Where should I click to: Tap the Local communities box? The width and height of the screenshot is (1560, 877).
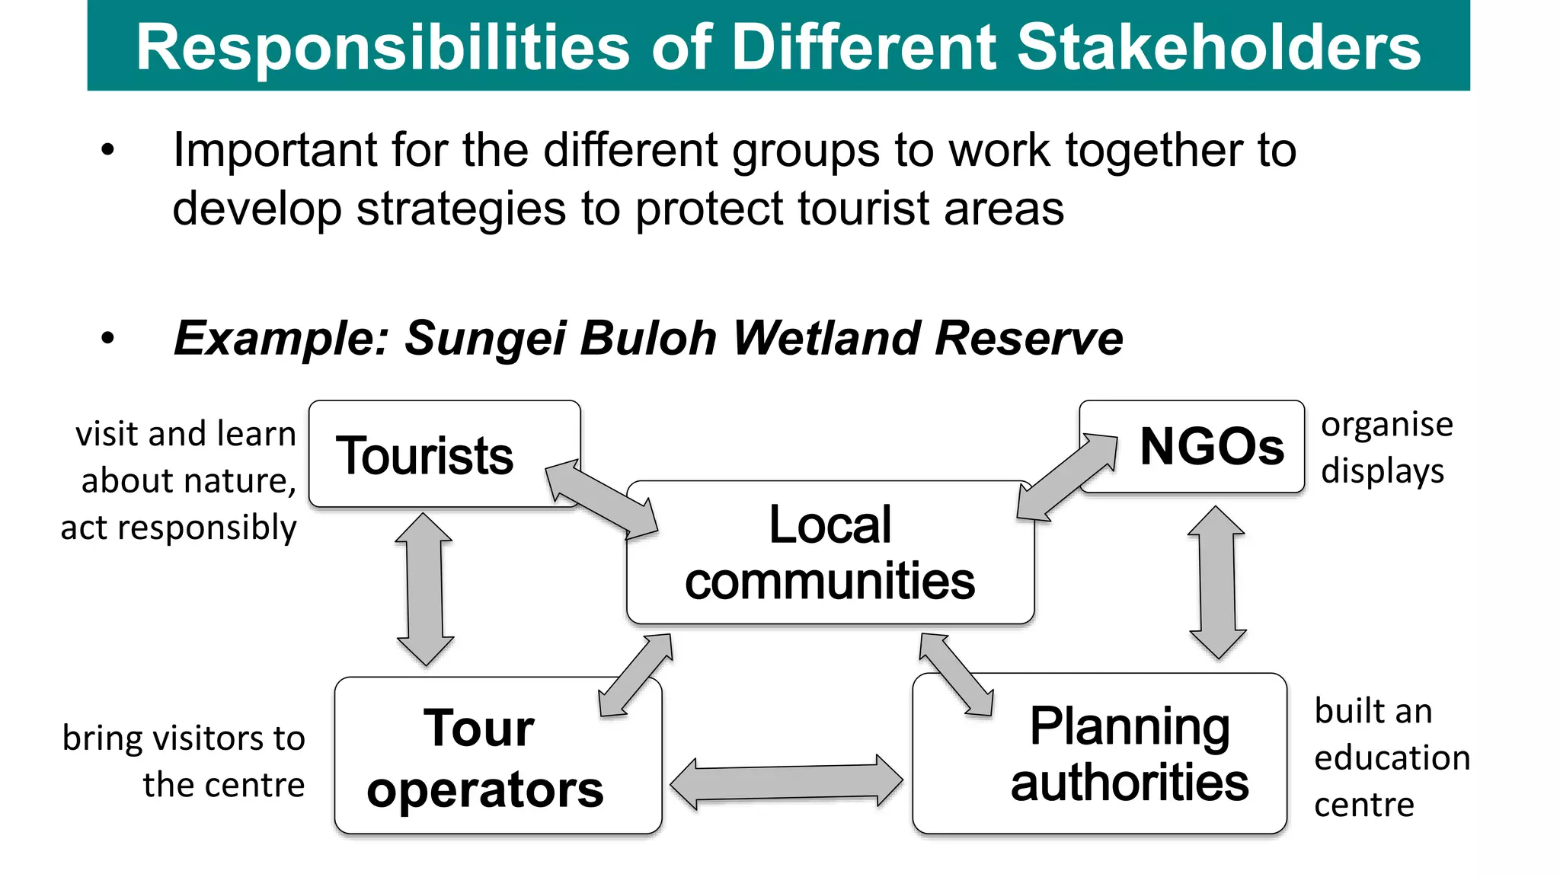pos(830,553)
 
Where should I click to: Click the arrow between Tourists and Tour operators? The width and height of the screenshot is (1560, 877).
pos(424,589)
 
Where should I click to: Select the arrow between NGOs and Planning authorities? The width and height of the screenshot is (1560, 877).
pos(1217,582)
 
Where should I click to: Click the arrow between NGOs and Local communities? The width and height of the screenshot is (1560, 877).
pos(1067,477)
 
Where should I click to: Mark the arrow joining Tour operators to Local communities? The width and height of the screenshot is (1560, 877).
pos(636,674)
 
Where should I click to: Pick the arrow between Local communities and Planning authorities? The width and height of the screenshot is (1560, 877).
pos(956,674)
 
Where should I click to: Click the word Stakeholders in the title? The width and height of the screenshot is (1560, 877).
pos(1219,47)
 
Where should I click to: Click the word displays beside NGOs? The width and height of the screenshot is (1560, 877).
pos(1383,471)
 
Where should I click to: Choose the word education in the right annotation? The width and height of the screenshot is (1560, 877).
pos(1392,758)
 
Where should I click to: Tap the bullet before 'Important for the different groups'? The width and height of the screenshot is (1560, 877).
pos(108,150)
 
